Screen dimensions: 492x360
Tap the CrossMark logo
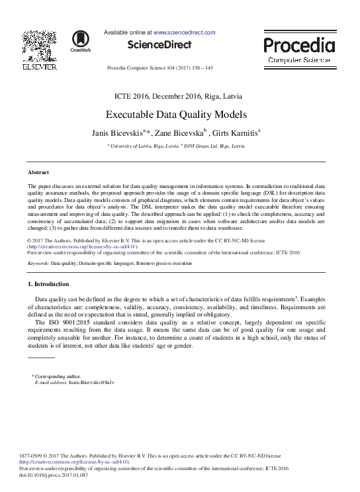click(x=81, y=41)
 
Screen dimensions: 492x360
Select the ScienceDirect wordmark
click(x=159, y=45)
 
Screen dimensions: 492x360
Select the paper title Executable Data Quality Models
click(x=176, y=113)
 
